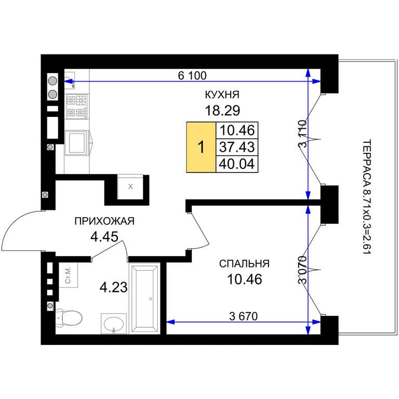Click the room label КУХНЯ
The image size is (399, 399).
tap(222, 95)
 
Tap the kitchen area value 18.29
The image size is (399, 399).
tap(222, 111)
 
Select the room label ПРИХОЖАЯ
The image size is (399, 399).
tap(104, 221)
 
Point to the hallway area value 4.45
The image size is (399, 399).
tap(104, 237)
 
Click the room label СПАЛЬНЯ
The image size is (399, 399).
tap(244, 263)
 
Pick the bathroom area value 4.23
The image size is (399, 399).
tap(113, 287)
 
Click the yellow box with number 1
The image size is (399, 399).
tap(201, 148)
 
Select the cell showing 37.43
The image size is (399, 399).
tap(237, 147)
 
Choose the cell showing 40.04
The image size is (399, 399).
tap(237, 164)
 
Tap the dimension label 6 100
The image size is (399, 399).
tap(192, 75)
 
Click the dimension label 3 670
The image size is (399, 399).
tap(244, 316)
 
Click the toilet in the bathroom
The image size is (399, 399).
tap(69, 317)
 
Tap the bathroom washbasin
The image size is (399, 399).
tap(114, 324)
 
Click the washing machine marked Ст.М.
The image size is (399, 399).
tap(68, 275)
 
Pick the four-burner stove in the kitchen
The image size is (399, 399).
tap(76, 106)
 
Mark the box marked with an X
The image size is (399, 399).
tap(130, 187)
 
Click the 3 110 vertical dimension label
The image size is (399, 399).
tap(303, 134)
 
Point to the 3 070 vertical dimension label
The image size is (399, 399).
tap(303, 270)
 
